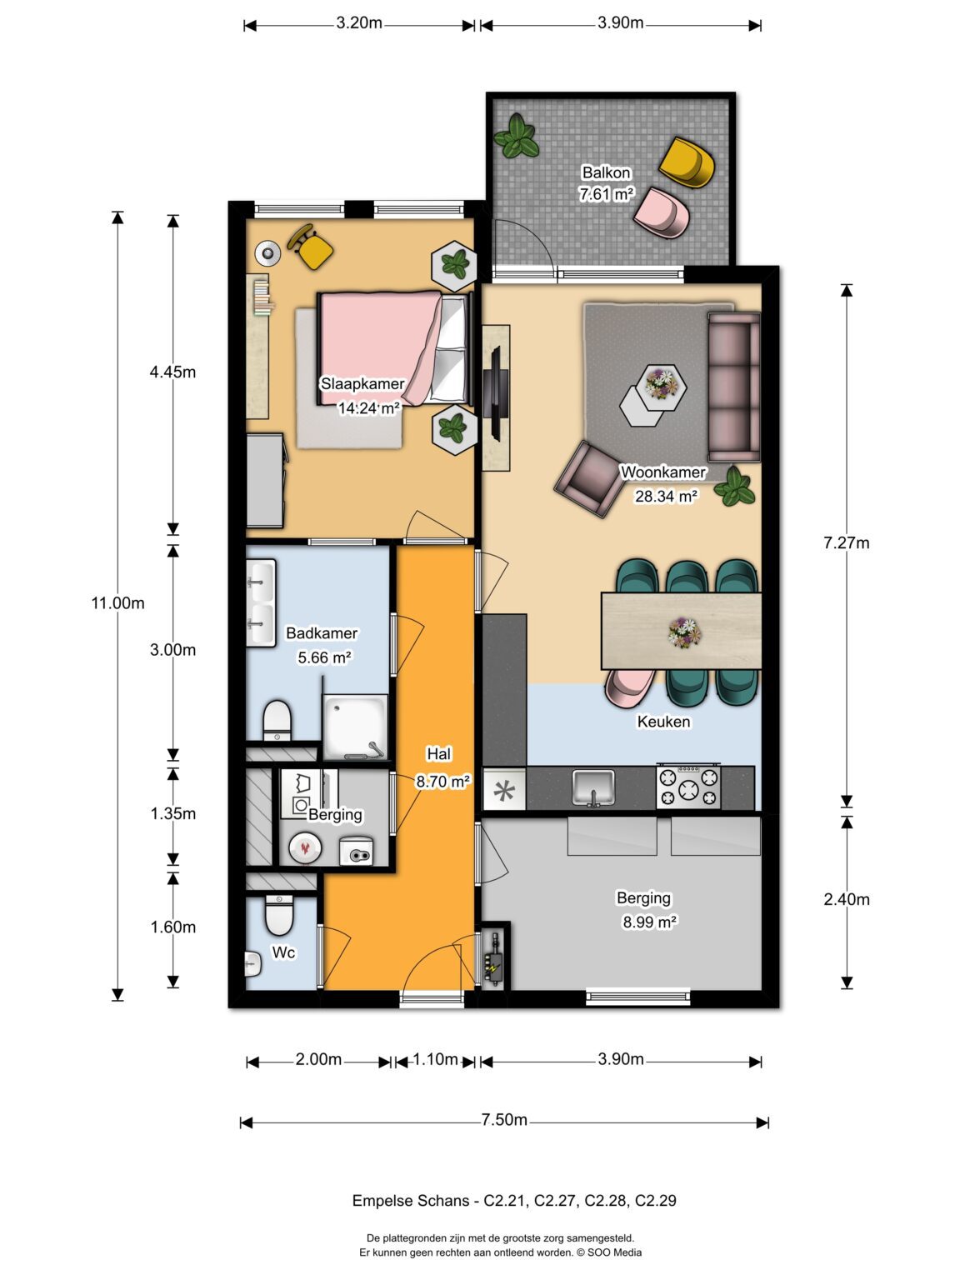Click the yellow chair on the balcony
pos(687,162)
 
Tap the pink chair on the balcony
pos(662,212)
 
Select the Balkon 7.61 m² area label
pos(606,183)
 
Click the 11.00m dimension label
pos(117,603)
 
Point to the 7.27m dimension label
pos(846,543)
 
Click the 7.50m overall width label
pos(503,1120)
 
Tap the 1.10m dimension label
pos(435,1059)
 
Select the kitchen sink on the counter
pos(592,787)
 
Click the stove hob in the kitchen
pos(688,786)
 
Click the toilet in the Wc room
pos(278,915)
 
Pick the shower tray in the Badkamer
pos(356,725)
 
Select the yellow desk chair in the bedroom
pos(312,247)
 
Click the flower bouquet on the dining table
pos(684,632)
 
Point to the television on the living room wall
pos(494,392)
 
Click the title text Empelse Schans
pos(410,1201)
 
